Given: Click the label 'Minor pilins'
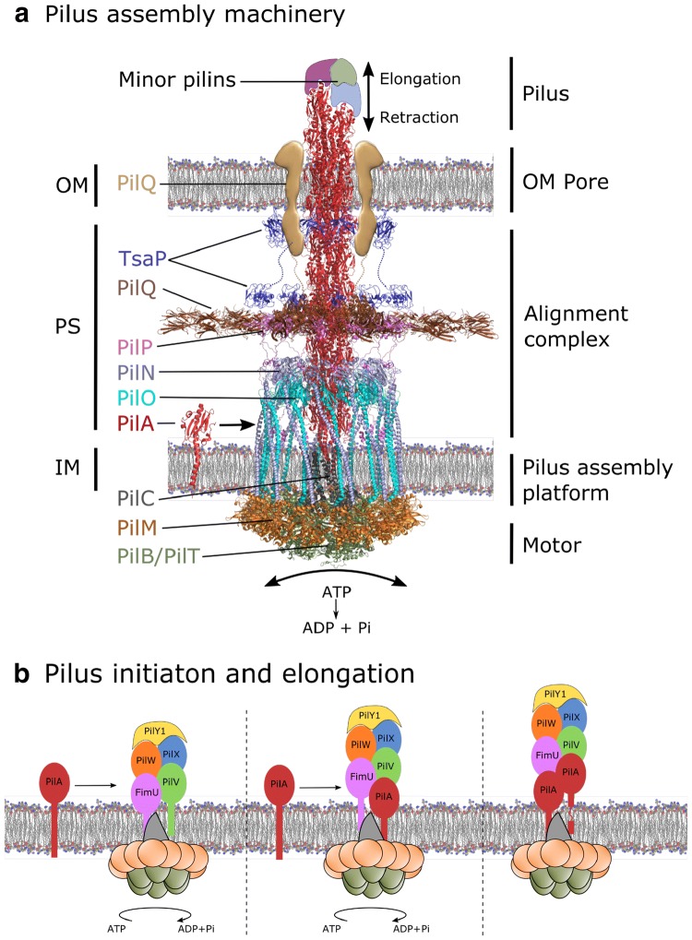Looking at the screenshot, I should point(177,80).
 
